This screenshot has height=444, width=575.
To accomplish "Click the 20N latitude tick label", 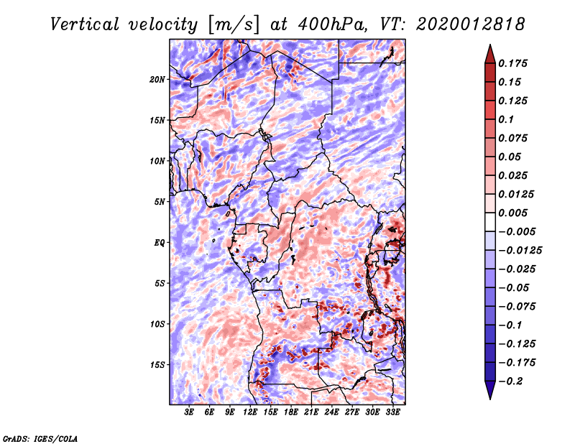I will [158, 79].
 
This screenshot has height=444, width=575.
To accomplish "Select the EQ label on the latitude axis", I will [160, 242].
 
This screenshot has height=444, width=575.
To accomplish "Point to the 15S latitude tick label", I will [158, 364].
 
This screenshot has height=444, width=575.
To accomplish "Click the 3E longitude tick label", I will [190, 412].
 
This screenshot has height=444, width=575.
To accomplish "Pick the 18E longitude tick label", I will [291, 412].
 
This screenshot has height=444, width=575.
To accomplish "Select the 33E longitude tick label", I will [392, 412].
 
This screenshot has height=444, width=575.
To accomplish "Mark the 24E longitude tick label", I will [332, 412].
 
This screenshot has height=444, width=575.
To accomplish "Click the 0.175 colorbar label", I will [515, 63].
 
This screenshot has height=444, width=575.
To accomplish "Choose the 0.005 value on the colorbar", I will [515, 213].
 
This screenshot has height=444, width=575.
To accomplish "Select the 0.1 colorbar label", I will [507, 119].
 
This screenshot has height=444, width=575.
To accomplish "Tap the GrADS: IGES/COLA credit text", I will [39, 438].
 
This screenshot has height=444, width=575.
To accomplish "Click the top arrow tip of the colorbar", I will [489, 46].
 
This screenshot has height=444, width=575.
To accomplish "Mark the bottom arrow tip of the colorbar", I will [489, 397].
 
